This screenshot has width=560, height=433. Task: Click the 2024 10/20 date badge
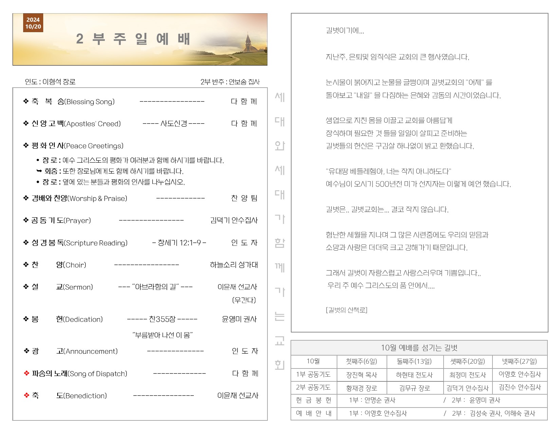point(33,23)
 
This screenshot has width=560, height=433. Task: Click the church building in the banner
point(250,43)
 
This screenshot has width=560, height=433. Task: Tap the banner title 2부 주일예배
point(133,39)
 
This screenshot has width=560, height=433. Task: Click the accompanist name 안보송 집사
point(244,82)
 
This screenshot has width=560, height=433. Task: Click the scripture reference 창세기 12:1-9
point(179,243)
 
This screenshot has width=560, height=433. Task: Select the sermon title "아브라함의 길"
point(155,287)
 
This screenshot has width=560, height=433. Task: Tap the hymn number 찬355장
point(162,319)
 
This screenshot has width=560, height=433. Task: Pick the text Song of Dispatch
point(97,374)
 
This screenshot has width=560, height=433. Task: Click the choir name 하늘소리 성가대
point(234,265)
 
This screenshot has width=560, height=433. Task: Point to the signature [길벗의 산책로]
point(347,310)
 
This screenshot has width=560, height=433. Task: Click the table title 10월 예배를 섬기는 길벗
point(419,348)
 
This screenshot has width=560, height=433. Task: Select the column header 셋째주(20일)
point(467,361)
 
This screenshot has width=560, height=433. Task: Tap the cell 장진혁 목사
point(361,375)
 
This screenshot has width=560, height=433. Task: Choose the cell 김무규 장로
point(414,388)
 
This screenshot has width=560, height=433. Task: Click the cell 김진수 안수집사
point(520,387)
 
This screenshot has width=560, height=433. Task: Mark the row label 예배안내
point(314,414)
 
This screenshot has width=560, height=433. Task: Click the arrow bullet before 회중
point(39,171)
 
